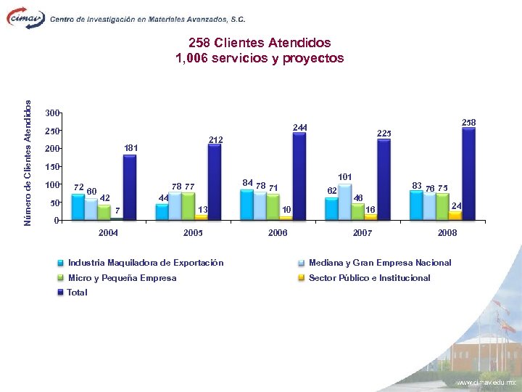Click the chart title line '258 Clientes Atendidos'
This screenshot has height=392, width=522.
[260, 43]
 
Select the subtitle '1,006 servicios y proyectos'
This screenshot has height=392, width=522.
[260, 58]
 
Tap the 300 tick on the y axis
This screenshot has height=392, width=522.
[51, 113]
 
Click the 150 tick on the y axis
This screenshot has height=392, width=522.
[51, 167]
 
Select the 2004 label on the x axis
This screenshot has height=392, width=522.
[108, 233]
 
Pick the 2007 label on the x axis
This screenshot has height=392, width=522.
[362, 233]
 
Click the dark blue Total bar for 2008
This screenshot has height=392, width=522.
[468, 174]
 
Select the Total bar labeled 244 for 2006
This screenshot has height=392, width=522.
[299, 176]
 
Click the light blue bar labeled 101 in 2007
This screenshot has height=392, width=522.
[345, 202]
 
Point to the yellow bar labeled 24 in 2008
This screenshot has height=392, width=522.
[455, 215]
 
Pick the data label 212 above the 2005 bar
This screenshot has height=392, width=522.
[216, 139]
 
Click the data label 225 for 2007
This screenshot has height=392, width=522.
[384, 134]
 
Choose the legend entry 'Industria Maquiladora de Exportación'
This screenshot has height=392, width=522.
[145, 263]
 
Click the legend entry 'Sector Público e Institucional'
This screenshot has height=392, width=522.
[369, 278]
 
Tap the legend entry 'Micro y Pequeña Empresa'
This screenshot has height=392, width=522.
[122, 278]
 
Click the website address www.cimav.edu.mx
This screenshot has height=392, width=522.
[485, 382]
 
